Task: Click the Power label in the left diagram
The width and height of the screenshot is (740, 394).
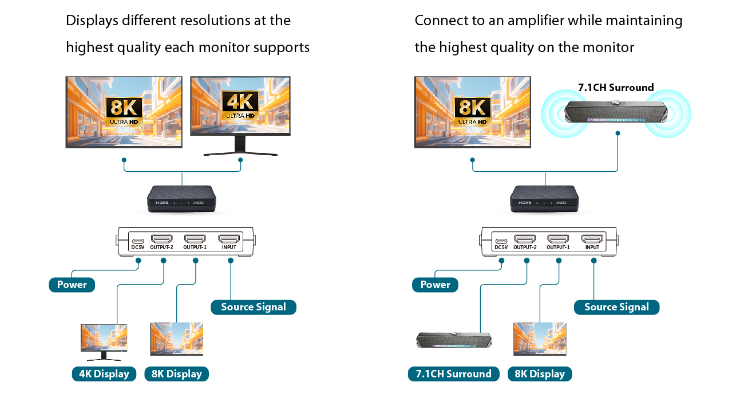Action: (x=72, y=285)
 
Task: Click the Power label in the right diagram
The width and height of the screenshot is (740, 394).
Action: (x=435, y=285)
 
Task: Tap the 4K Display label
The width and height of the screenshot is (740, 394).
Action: (x=104, y=374)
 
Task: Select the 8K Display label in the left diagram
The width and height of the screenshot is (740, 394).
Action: (x=176, y=374)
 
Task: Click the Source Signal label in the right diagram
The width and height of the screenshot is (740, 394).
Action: (x=616, y=307)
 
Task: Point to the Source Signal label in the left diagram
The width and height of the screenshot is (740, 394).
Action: (x=253, y=307)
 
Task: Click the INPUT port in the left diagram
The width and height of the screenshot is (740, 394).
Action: (x=229, y=239)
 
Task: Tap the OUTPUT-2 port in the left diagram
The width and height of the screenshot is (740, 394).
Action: (x=161, y=239)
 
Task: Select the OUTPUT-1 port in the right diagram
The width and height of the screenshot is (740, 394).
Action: (x=558, y=239)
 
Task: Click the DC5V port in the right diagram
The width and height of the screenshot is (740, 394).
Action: (x=501, y=241)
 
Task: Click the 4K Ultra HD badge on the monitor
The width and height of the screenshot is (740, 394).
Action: (x=240, y=106)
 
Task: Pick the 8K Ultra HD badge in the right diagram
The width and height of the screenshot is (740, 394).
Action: (x=472, y=110)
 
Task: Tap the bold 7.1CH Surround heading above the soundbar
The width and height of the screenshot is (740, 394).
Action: (x=616, y=88)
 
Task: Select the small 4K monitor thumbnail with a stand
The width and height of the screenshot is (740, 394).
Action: (x=104, y=341)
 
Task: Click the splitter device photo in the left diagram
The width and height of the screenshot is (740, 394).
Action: (x=181, y=198)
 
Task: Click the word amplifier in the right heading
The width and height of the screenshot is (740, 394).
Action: (x=535, y=21)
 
